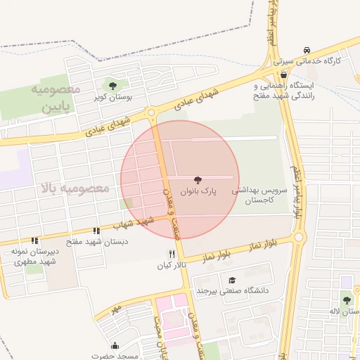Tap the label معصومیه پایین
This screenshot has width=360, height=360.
tap(56, 99)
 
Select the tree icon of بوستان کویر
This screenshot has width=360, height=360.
tap(113, 86)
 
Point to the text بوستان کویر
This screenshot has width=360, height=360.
tap(114, 98)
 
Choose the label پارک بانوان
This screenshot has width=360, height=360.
tap(198, 191)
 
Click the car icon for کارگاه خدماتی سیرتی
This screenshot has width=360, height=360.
tap(307, 50)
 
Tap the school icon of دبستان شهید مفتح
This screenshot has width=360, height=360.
tap(96, 231)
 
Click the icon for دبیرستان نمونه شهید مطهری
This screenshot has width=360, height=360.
tap(35, 240)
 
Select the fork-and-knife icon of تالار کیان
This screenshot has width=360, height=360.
tap(171, 254)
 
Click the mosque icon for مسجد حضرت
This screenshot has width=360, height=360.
tap(115, 346)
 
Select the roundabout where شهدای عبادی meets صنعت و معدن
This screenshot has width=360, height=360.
tap(151, 114)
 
